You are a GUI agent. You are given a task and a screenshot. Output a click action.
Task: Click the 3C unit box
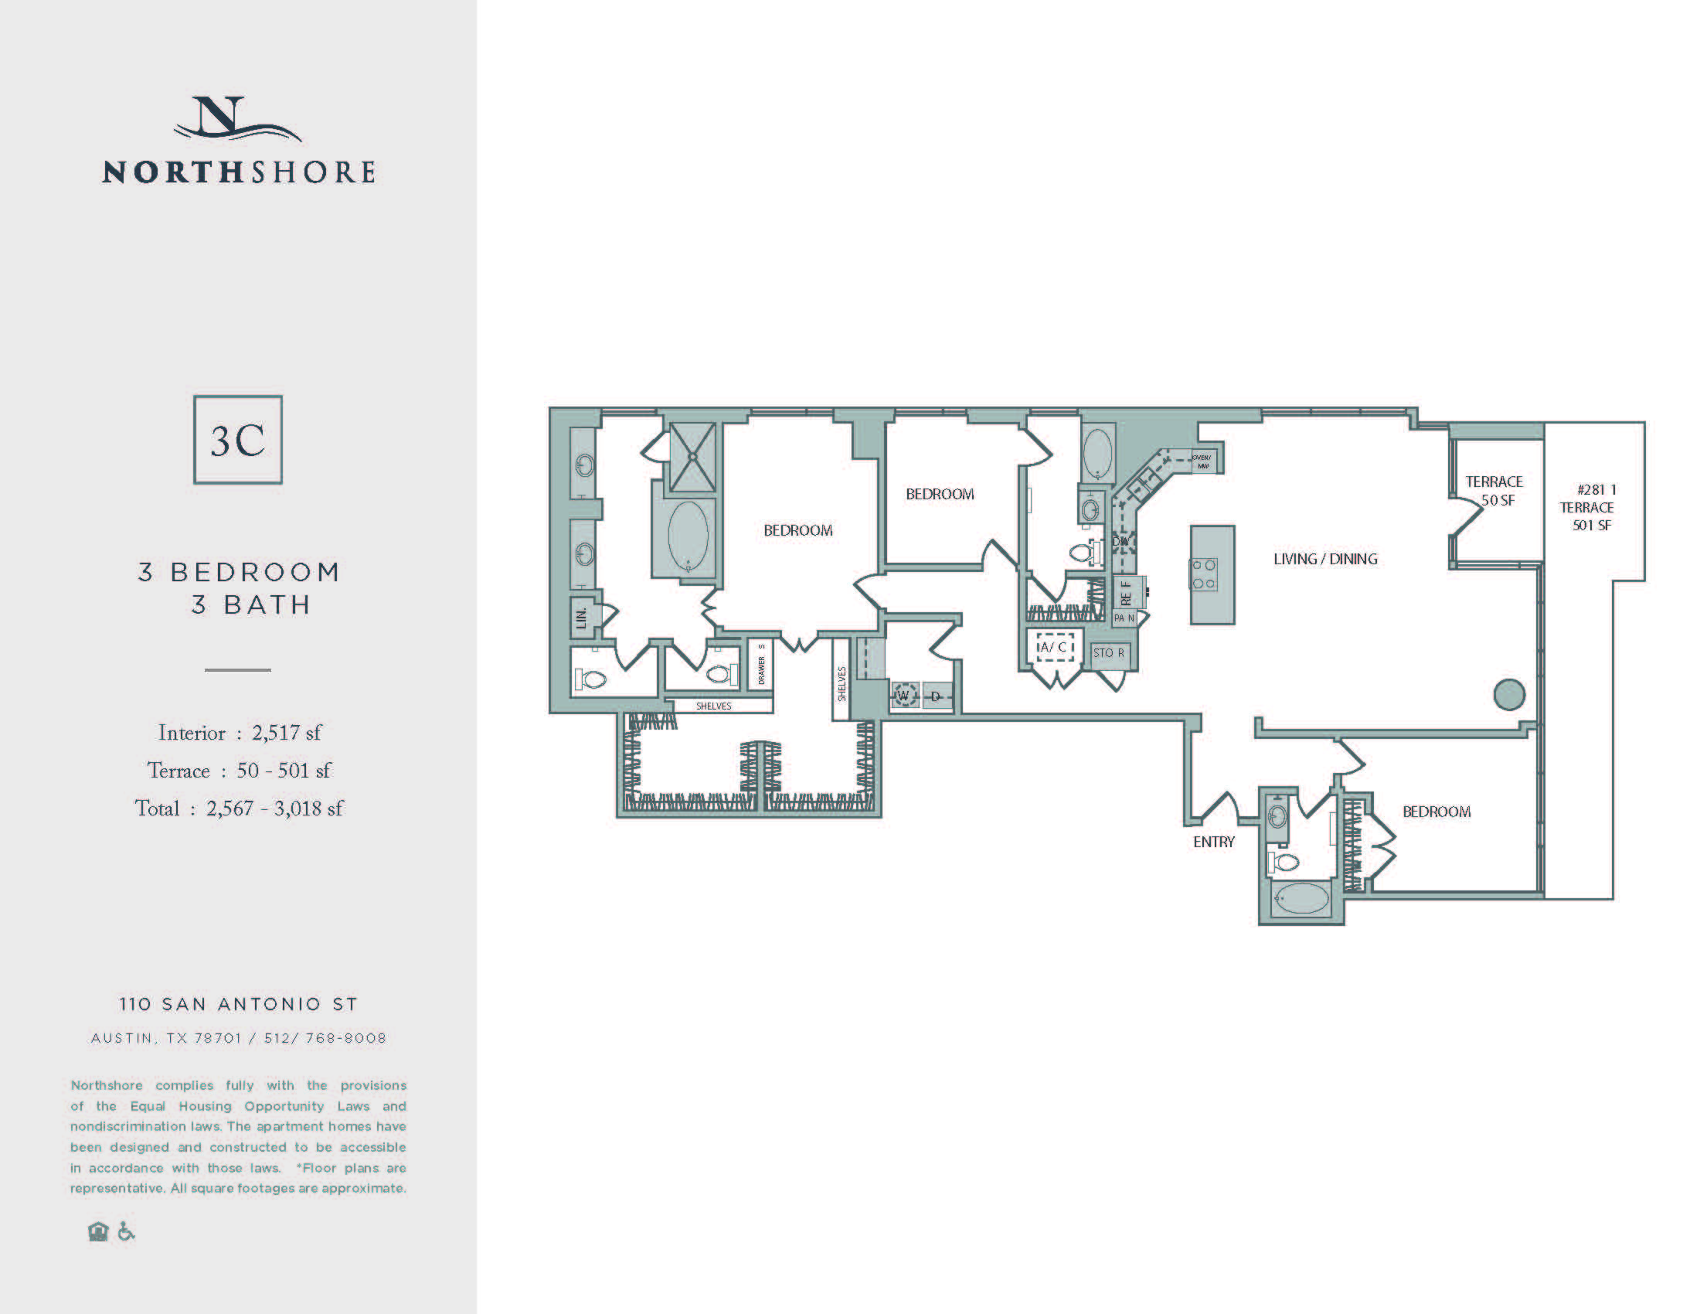237,440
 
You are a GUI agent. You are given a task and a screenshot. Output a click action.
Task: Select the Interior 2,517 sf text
239,734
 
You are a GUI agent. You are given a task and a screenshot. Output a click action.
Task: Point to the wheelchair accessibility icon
126,1232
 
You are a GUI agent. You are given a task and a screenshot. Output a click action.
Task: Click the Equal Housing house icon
98,1232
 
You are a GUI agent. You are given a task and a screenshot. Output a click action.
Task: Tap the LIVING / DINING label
1324,559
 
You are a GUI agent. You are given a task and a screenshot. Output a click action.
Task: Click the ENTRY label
1213,842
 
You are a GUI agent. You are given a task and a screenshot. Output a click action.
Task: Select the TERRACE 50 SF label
1494,491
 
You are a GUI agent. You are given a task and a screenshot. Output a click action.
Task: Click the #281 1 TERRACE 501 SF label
1591,508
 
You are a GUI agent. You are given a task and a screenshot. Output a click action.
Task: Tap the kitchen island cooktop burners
1203,574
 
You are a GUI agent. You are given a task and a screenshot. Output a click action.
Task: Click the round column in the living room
1509,694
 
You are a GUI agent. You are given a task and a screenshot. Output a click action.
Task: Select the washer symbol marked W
904,696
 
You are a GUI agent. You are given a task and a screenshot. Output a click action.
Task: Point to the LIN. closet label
580,618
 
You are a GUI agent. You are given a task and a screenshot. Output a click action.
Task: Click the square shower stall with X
692,458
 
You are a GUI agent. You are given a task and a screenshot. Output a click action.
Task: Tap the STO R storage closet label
1108,653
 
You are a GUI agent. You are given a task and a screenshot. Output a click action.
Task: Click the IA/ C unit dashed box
1055,647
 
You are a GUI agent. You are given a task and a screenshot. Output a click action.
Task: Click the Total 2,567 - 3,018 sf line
239,808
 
